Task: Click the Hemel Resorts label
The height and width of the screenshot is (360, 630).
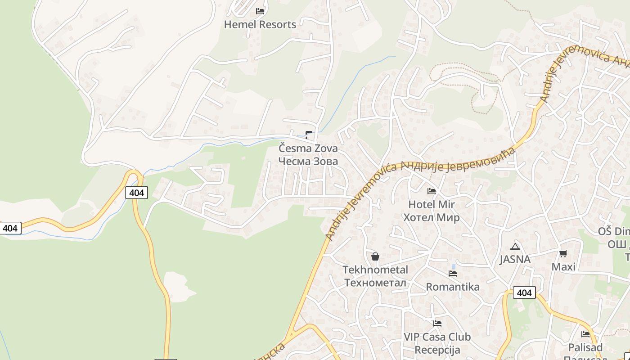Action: [260, 24]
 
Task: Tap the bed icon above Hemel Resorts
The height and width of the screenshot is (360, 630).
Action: [260, 11]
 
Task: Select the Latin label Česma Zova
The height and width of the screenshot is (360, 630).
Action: [308, 148]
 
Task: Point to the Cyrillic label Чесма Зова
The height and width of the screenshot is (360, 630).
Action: [308, 161]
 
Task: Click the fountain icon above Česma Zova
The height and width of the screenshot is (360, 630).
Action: [309, 134]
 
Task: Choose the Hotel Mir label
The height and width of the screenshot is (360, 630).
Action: [432, 204]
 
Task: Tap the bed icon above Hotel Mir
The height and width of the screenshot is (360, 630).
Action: [432, 191]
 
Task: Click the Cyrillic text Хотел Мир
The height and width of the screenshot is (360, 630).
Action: [432, 217]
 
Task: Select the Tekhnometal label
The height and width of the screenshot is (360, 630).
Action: [375, 270]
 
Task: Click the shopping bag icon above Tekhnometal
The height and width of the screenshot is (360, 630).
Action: [375, 256]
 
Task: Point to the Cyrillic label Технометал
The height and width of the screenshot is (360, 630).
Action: [375, 283]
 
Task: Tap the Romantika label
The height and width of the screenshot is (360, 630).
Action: [453, 287]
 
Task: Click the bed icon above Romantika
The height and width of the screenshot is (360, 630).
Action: [453, 273]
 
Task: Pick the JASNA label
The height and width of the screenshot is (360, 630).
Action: [515, 259]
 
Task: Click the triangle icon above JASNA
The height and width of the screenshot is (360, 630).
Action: [515, 247]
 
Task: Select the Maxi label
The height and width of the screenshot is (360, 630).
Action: [563, 267]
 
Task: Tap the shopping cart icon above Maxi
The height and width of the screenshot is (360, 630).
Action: [563, 253]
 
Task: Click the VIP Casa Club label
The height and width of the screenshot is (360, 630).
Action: [437, 337]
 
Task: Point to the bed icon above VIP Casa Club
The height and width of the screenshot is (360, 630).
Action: [437, 323]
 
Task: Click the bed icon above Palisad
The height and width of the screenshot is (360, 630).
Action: [585, 334]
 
